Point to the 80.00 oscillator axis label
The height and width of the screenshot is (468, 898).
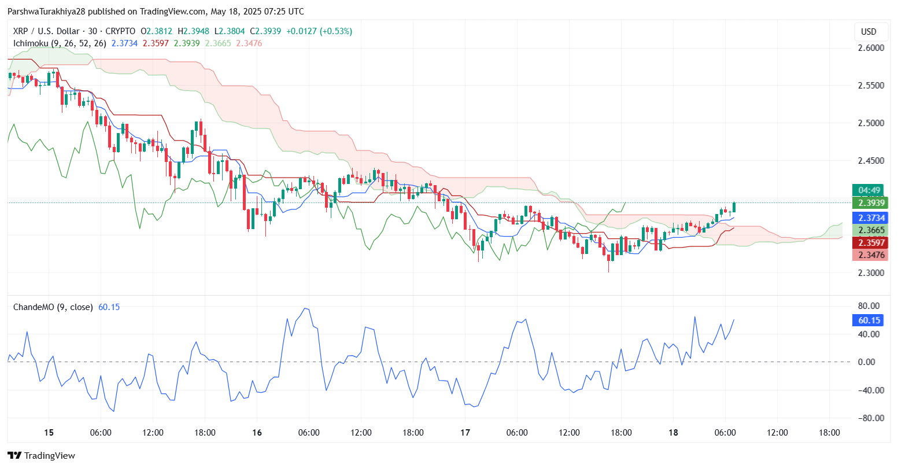869,306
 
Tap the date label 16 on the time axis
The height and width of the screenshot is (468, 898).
257,432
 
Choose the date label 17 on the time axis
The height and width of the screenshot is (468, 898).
465,432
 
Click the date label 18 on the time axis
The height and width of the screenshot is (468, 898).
673,432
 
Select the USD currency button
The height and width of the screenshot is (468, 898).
869,32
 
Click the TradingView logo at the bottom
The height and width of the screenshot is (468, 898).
41,455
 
